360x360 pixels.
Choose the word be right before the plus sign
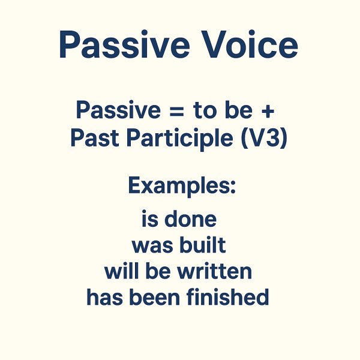tap(241, 110)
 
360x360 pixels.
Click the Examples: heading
tap(182, 186)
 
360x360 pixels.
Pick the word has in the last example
tap(103, 297)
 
